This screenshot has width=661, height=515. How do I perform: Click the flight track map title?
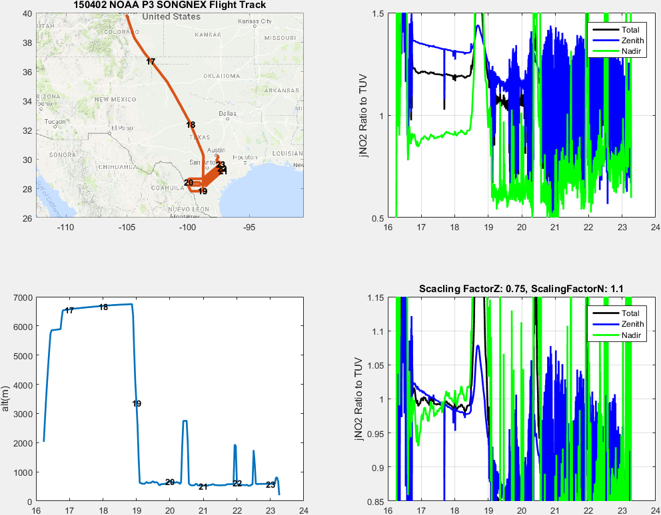pyautogui.click(x=169, y=5)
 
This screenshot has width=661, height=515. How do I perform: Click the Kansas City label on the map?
pyautogui.click(x=255, y=21)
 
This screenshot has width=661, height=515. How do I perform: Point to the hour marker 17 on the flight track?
pyautogui.click(x=151, y=61)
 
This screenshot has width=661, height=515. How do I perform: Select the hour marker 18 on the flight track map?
pyautogui.click(x=191, y=124)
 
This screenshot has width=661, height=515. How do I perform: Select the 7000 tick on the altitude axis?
pyautogui.click(x=23, y=297)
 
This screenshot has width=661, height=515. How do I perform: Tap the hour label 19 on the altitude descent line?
pyautogui.click(x=137, y=404)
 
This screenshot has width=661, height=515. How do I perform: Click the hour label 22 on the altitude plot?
pyautogui.click(x=237, y=483)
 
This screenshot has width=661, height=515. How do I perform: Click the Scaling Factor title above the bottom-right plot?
pyautogui.click(x=521, y=289)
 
